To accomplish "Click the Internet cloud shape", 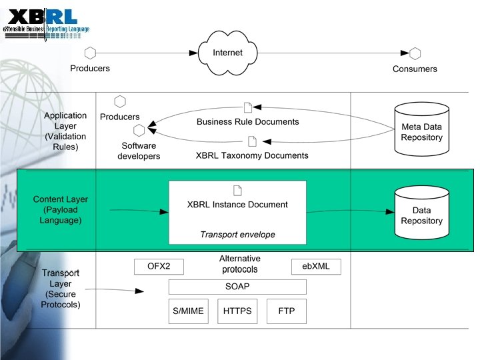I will click(x=228, y=53).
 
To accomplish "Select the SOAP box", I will click(x=237, y=287).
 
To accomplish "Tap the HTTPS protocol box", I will click(x=237, y=311).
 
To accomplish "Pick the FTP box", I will click(x=287, y=311).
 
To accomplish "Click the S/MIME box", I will click(x=187, y=311).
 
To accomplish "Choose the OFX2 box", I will click(x=159, y=267).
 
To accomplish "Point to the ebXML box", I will click(x=316, y=267).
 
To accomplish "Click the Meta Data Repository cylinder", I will click(x=421, y=126).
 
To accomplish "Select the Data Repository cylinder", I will click(x=421, y=213).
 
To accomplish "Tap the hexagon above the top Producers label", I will click(x=91, y=53).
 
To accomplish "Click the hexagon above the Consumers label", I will click(x=415, y=54).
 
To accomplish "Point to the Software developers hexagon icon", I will click(x=139, y=130).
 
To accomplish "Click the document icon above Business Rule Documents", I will click(x=248, y=107).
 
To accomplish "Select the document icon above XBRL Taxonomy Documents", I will click(x=252, y=141).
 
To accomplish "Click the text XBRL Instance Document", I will click(x=237, y=205).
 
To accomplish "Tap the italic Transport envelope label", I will click(x=237, y=235).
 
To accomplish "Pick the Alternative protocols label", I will click(x=240, y=264).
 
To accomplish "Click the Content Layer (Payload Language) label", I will click(x=60, y=209).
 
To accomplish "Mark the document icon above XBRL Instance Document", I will click(x=237, y=190).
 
